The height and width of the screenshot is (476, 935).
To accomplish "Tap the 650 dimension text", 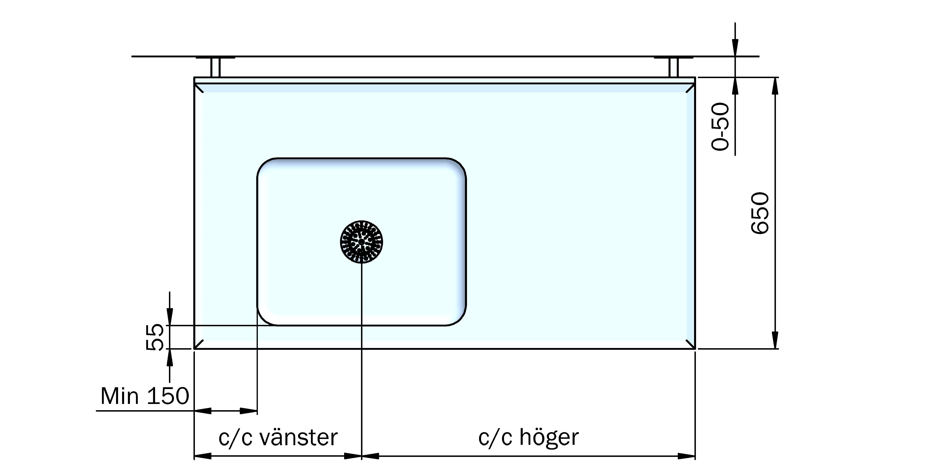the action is (x=759, y=213).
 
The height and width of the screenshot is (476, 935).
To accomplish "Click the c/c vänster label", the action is (x=278, y=438).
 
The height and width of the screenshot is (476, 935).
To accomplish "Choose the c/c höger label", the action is (x=529, y=438).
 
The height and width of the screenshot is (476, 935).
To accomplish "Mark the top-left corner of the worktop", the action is (x=194, y=77).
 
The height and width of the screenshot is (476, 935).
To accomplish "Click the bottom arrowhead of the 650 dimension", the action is (x=775, y=341).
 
